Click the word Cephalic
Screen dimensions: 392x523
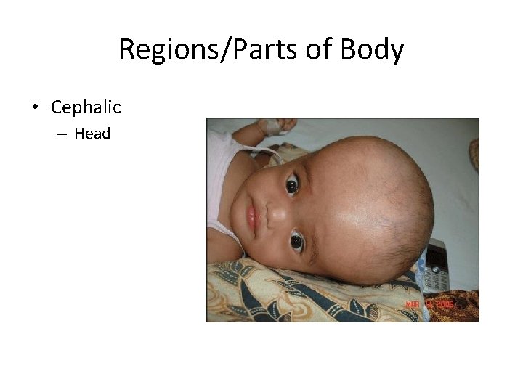(x=86, y=107)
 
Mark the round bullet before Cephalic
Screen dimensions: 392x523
(x=35, y=108)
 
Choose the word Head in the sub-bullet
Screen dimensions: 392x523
(x=92, y=134)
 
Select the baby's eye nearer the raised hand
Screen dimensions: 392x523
(x=292, y=186)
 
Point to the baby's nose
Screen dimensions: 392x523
(x=270, y=213)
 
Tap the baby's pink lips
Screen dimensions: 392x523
(x=252, y=216)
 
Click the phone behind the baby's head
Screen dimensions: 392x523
(x=437, y=265)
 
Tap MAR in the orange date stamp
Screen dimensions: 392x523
(x=412, y=305)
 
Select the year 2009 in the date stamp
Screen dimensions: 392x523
(x=444, y=305)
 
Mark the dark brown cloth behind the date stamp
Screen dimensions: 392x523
(x=465, y=305)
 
